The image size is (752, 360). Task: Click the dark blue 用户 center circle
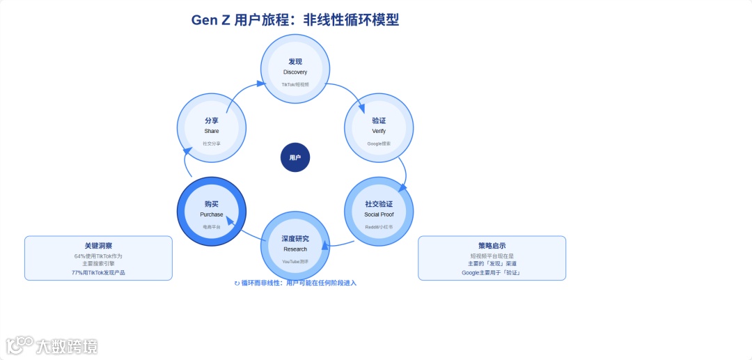tap(295, 157)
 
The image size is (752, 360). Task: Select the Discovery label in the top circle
tap(295, 72)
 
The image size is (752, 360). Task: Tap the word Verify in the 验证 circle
tap(379, 131)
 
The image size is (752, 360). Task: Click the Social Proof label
tap(379, 214)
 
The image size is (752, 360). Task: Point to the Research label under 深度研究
tap(295, 249)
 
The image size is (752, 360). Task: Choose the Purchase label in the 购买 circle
tap(212, 214)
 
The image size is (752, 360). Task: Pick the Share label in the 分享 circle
tap(212, 131)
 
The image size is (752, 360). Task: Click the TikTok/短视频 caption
tap(295, 84)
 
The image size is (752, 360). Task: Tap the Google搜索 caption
tap(379, 143)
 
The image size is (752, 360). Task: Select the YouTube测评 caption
tap(295, 262)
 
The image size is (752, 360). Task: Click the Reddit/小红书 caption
tap(379, 227)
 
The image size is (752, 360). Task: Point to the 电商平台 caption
tap(212, 227)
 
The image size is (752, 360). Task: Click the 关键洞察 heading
tap(98, 246)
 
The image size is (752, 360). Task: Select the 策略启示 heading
tap(492, 246)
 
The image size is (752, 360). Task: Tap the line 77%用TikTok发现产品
tap(98, 272)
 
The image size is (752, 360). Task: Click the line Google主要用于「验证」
tap(492, 272)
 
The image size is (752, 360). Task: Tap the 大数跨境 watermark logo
tap(52, 345)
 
